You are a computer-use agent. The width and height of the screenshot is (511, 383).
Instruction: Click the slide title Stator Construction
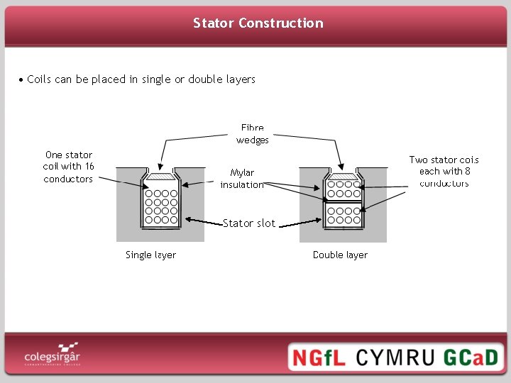258,23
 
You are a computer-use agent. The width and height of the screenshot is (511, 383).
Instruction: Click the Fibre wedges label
253,134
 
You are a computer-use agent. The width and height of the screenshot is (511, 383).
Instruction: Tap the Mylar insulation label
242,179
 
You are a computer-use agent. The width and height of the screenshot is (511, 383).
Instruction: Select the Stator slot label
248,223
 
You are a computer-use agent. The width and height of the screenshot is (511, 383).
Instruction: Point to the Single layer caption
150,255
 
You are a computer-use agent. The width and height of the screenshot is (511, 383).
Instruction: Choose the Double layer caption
340,255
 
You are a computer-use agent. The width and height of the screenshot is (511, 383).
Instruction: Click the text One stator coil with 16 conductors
68,167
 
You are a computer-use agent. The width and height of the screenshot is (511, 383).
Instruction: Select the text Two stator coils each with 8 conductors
444,172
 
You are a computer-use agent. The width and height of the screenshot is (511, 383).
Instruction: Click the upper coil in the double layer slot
344,189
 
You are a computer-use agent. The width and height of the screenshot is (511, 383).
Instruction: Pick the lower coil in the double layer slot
344,215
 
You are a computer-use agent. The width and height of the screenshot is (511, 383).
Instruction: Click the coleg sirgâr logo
51,353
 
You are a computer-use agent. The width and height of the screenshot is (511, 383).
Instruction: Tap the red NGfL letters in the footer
317,356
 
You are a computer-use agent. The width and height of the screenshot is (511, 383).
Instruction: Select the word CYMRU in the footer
394,356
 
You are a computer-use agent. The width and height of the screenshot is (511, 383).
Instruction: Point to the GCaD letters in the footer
471,356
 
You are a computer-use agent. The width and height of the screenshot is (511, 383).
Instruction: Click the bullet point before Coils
21,79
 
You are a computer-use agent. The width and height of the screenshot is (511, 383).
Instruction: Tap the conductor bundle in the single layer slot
161,206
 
